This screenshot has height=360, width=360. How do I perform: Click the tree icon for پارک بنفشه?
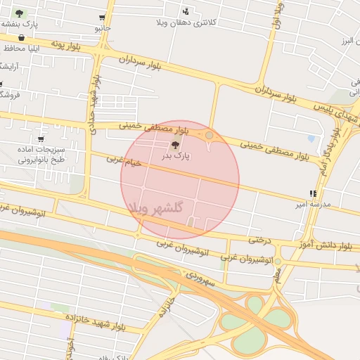[x=19, y=13]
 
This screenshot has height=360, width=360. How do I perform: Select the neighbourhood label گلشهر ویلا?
[x=156, y=207]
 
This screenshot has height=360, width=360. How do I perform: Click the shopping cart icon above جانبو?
[x=103, y=18]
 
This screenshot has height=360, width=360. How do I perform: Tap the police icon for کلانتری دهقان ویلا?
[x=186, y=11]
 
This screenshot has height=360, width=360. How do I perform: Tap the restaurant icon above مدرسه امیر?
[x=312, y=193]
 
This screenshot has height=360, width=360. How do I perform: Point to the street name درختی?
[x=259, y=240]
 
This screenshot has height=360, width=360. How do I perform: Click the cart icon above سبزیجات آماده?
[x=40, y=139]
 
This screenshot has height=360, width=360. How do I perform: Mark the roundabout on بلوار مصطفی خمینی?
[x=209, y=134]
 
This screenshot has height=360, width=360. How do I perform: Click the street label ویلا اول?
[x=278, y=15]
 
